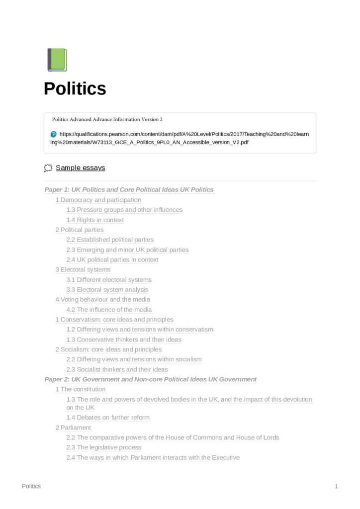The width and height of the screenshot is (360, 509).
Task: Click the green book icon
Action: pos(57,60)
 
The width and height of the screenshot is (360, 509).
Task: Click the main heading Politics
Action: pos(75,88)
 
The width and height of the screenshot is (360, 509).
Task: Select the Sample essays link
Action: pos(80,168)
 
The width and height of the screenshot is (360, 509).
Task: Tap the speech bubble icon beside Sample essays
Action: pos(48,168)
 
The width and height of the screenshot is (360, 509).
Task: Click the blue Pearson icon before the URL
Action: pos(54,134)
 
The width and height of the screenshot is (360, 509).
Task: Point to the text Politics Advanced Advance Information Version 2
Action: pos(107,120)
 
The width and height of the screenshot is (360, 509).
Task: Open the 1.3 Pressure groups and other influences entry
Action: pos(124,210)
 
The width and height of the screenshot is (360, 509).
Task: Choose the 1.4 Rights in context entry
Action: pos(95,220)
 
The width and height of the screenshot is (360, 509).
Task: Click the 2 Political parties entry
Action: pos(80,230)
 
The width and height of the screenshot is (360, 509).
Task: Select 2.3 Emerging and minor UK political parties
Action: pos(127,250)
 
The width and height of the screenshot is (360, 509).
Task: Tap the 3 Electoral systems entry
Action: pos(83,269)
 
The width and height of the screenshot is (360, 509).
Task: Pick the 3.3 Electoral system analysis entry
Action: pos(107,289)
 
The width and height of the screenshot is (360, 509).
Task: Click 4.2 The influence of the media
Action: pos(109,310)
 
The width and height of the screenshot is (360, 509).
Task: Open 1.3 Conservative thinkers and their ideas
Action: pos(124,339)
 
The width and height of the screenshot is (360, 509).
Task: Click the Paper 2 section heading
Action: pos(150,379)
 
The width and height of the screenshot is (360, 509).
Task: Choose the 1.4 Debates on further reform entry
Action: pos(108,418)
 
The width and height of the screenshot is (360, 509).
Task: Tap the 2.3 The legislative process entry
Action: pos(104,447)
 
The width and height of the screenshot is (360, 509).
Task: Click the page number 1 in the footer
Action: pos(337,486)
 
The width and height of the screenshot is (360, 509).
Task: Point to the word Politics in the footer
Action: pos(31,486)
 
